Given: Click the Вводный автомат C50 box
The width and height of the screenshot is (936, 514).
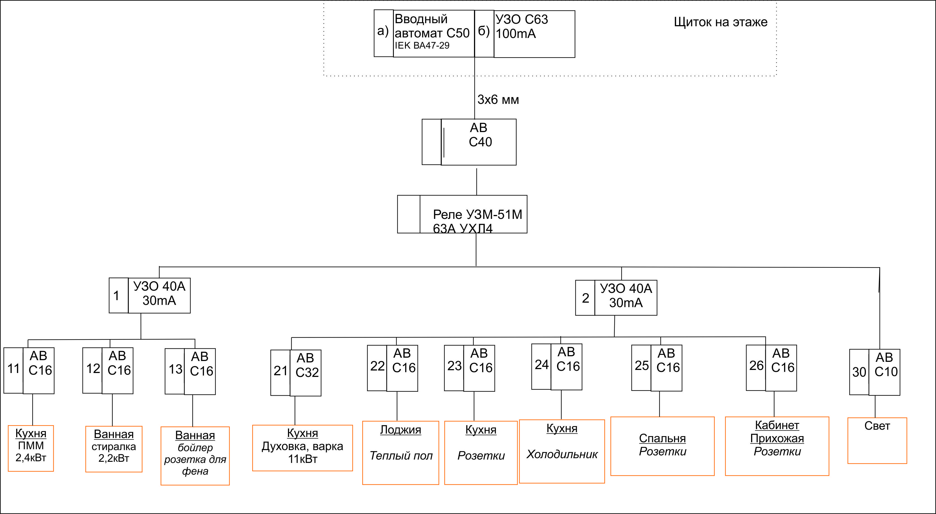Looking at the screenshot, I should [x=434, y=34].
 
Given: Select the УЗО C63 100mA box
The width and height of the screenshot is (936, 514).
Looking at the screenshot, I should [x=534, y=34].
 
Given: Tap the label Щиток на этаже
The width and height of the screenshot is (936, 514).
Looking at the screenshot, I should [x=721, y=22].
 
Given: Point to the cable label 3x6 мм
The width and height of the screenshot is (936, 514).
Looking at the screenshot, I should [x=498, y=99].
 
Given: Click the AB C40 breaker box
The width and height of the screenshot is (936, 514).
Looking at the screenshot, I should [x=478, y=142].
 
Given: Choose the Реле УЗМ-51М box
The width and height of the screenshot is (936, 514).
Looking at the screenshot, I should [x=473, y=214].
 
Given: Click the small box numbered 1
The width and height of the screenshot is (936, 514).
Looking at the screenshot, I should [x=118, y=295].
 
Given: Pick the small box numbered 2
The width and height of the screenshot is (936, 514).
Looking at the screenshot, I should [x=585, y=298].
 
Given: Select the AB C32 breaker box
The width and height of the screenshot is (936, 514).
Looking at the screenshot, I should [x=306, y=373].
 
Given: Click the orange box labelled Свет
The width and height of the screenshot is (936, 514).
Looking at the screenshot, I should [x=877, y=440].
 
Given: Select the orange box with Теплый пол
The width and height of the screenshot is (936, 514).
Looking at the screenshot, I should [x=401, y=453].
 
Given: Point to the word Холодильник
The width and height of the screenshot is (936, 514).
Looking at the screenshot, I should [x=562, y=455].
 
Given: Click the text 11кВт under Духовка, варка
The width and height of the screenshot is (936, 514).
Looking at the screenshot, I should [x=303, y=459].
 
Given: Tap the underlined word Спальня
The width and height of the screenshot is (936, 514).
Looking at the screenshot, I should [x=662, y=438].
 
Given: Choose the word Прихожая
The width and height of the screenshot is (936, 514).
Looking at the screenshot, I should [x=777, y=438].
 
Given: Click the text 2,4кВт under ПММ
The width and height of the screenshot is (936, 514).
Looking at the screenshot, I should [x=31, y=458].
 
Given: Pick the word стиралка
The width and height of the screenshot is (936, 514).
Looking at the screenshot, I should [x=114, y=446].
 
